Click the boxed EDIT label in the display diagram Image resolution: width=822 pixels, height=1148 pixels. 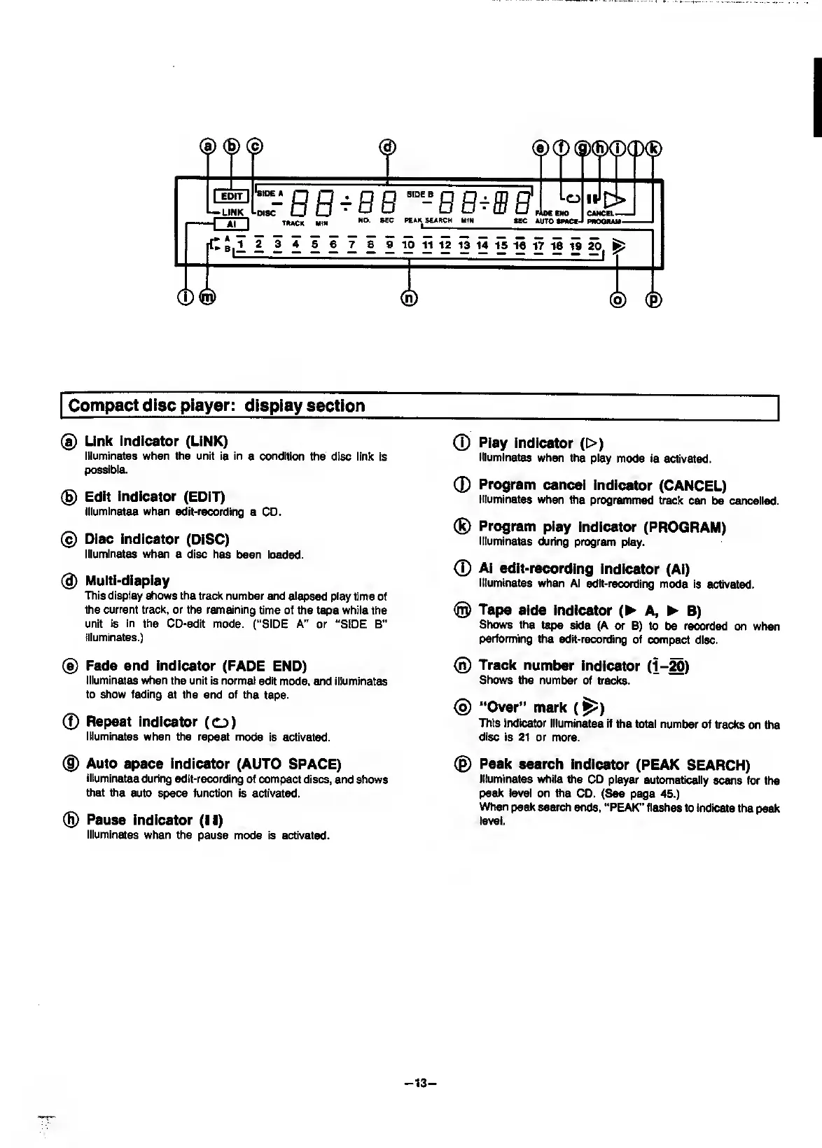pyautogui.click(x=230, y=196)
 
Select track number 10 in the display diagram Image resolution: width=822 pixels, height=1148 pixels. pyautogui.click(x=408, y=244)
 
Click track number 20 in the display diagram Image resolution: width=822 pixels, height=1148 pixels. pyautogui.click(x=594, y=245)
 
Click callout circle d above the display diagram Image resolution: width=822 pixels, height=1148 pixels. pyautogui.click(x=387, y=146)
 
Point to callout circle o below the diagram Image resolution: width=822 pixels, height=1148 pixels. pyautogui.click(x=618, y=299)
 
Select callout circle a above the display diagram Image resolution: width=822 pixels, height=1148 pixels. pyautogui.click(x=208, y=146)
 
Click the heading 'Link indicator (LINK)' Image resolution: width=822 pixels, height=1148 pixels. pyautogui.click(x=156, y=441)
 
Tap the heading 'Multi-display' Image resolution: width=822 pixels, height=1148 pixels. pyautogui.click(x=127, y=580)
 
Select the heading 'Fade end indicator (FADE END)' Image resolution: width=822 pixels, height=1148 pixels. pyautogui.click(x=196, y=665)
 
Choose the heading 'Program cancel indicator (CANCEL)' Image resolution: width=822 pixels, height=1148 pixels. pyautogui.click(x=602, y=485)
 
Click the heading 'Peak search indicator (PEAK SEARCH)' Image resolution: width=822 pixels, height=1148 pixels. pyautogui.click(x=614, y=764)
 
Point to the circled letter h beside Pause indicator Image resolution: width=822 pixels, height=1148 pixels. pyautogui.click(x=69, y=820)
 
